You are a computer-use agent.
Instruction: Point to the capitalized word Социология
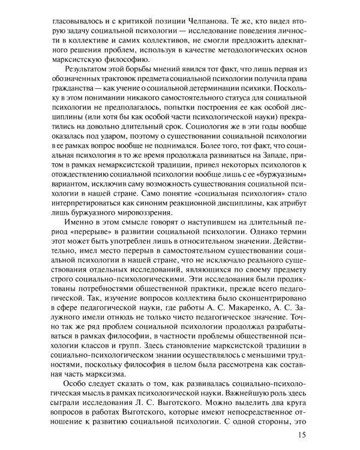pos(206,143)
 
